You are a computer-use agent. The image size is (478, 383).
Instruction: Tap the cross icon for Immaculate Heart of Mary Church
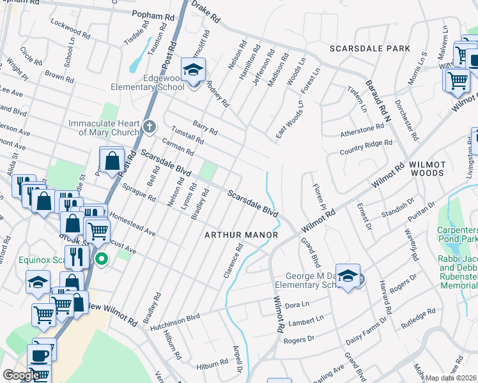(148, 126)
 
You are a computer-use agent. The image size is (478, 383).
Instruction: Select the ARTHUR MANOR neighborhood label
(241, 235)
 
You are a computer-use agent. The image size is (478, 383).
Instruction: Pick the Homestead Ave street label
(132, 223)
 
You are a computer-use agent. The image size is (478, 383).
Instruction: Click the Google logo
(20, 375)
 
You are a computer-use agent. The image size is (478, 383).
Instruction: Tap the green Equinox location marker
(101, 259)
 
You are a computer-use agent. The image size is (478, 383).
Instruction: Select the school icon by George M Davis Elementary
(348, 276)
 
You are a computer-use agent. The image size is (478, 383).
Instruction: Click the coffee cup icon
(40, 355)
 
